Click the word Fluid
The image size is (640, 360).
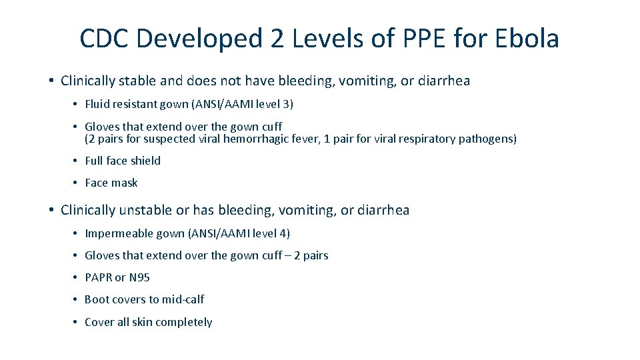[97, 104]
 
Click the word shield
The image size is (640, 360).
[145, 161]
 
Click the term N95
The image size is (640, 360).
[139, 277]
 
